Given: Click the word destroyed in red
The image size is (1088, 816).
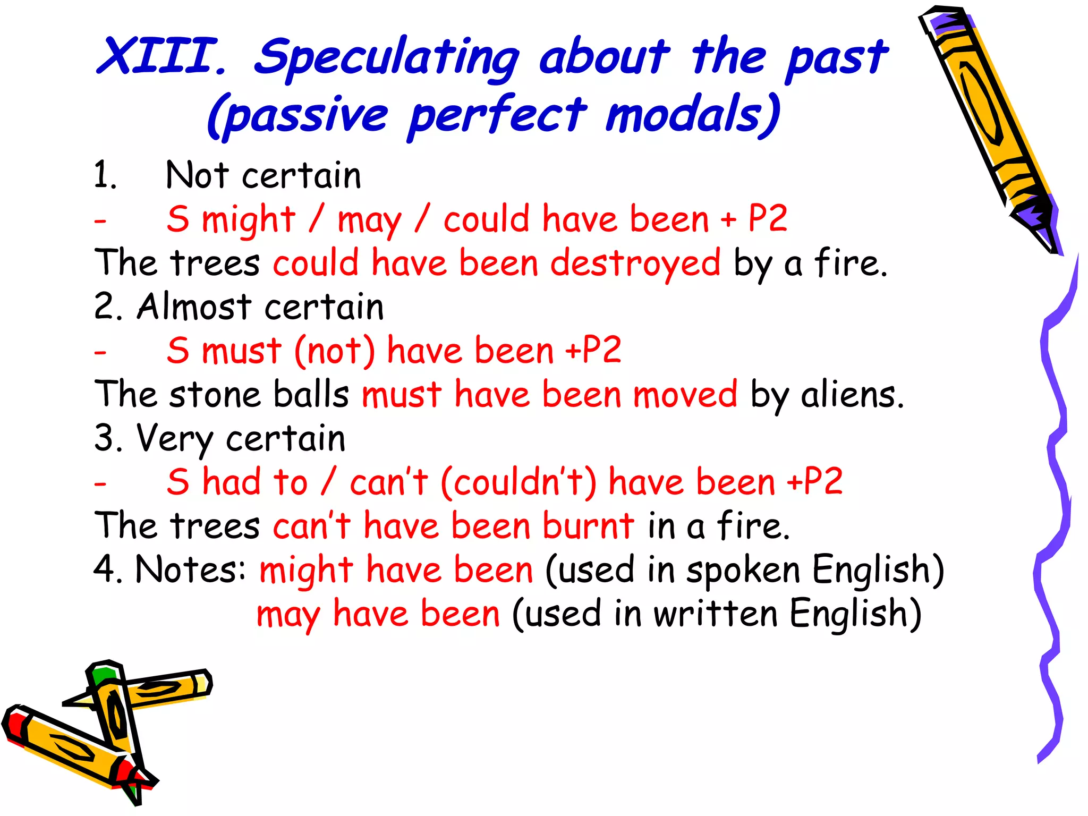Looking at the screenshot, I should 635,263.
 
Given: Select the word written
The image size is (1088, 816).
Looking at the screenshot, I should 715,614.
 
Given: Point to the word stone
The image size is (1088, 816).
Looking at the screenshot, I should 215,395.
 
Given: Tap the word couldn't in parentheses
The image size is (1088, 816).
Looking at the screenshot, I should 518,482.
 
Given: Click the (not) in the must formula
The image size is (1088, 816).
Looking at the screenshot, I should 335,351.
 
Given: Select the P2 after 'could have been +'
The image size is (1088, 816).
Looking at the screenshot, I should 768,218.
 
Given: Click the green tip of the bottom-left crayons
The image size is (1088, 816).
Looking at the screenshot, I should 102,676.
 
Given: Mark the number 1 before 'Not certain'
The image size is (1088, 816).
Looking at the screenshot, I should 103,175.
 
